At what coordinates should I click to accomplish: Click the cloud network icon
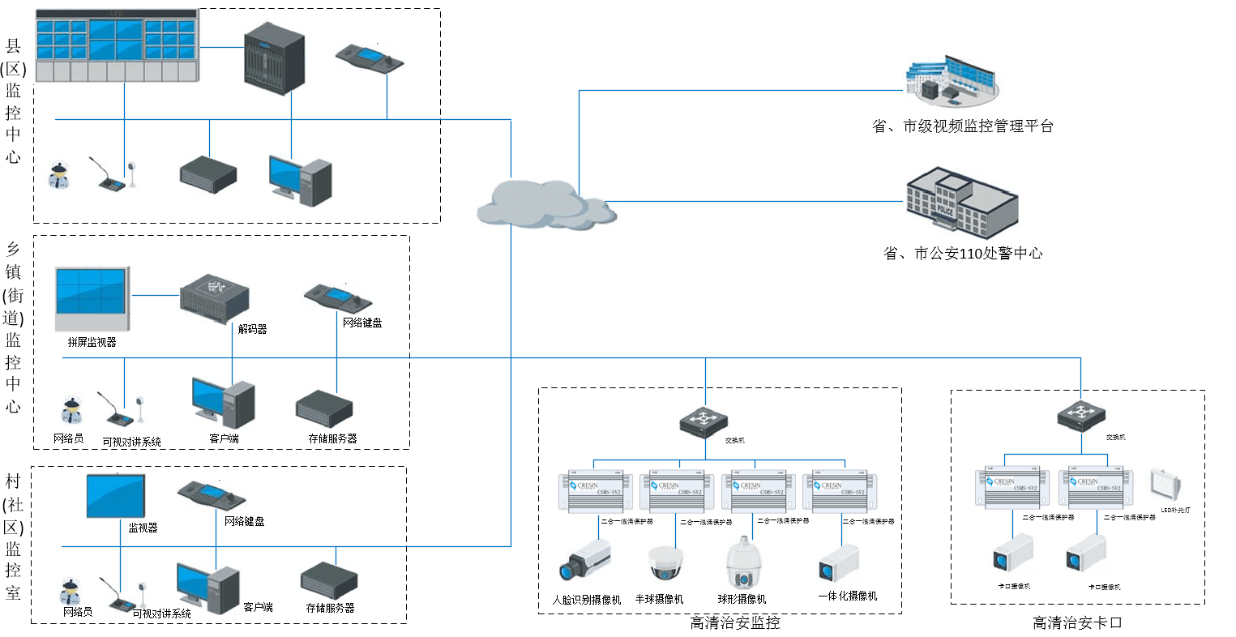[545, 203]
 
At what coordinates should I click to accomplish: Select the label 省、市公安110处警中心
[963, 254]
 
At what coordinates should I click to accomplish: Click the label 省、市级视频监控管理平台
[962, 126]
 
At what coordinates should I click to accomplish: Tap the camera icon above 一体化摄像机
[839, 562]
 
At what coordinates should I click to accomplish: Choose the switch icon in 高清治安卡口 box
[1080, 416]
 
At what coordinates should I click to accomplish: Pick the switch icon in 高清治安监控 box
[704, 421]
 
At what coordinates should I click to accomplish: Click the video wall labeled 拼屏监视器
[92, 299]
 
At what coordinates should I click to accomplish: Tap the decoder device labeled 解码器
[213, 298]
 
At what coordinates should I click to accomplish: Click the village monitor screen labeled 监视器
[117, 496]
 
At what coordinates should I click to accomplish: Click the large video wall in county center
[117, 47]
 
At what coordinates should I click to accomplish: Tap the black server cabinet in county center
[275, 57]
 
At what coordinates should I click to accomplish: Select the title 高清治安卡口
[1077, 622]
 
